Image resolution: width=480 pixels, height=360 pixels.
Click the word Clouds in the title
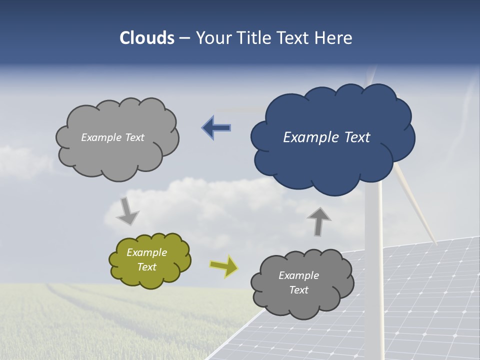tap(147, 37)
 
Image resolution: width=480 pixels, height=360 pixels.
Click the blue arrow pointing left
tap(216, 127)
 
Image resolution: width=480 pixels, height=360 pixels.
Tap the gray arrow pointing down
tap(127, 211)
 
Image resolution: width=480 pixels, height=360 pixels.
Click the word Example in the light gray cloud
tap(100, 137)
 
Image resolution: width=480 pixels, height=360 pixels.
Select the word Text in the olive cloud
tap(147, 267)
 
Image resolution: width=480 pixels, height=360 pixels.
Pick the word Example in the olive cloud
tap(147, 252)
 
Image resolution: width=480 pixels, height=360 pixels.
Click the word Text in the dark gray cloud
tap(298, 290)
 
